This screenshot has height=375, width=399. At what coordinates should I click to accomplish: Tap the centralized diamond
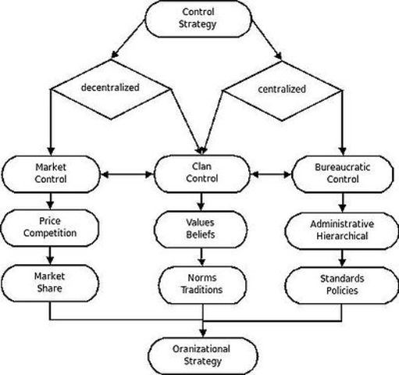click(280, 88)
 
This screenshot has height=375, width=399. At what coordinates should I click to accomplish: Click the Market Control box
click(52, 173)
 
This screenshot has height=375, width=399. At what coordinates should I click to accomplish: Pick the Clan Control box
click(202, 173)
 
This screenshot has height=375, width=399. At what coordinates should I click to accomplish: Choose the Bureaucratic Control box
click(342, 173)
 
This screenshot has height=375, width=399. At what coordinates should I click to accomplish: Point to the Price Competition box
click(52, 227)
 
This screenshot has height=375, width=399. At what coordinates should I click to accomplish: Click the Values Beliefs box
click(202, 227)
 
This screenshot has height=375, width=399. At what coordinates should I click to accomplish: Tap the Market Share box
click(52, 281)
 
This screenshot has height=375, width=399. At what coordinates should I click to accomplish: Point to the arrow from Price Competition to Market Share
click(52, 255)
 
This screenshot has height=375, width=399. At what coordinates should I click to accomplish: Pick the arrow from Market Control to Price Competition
click(52, 201)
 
